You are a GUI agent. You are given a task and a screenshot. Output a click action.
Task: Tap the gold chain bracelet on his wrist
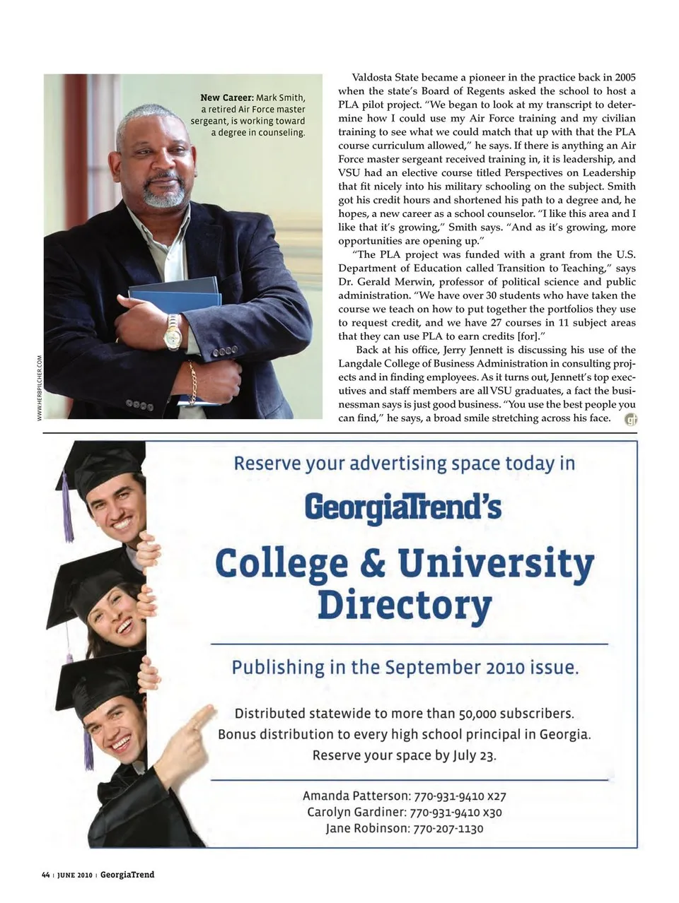click(192, 382)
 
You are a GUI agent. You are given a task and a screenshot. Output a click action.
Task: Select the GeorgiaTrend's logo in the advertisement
click(403, 507)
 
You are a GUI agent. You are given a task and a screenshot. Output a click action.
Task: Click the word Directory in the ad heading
click(404, 606)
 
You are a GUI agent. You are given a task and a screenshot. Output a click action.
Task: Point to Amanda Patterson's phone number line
click(404, 796)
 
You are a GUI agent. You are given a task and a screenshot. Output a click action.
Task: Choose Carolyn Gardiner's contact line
click(404, 812)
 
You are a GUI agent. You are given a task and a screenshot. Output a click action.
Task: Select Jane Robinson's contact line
click(404, 828)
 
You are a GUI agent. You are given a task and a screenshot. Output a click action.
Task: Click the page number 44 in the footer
click(46, 875)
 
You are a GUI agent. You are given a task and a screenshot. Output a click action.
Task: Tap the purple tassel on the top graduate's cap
click(68, 509)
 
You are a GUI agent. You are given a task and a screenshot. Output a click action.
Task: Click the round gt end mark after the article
click(631, 420)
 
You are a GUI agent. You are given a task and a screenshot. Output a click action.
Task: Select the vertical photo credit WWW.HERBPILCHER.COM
click(40, 387)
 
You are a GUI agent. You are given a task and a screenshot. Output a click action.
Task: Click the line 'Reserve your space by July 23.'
click(404, 755)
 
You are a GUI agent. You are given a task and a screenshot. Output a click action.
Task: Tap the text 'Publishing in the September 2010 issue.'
click(405, 668)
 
